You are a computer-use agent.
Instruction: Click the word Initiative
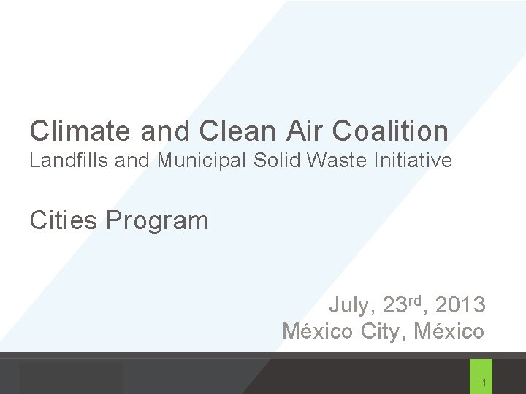pos(419,161)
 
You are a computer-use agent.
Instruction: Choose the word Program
pos(157,220)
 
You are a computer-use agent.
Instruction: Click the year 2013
pos(460,304)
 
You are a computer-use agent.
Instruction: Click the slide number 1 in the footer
pos(484,383)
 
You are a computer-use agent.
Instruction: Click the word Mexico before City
pos(319,331)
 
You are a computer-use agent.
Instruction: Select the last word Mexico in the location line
pos(449,331)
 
